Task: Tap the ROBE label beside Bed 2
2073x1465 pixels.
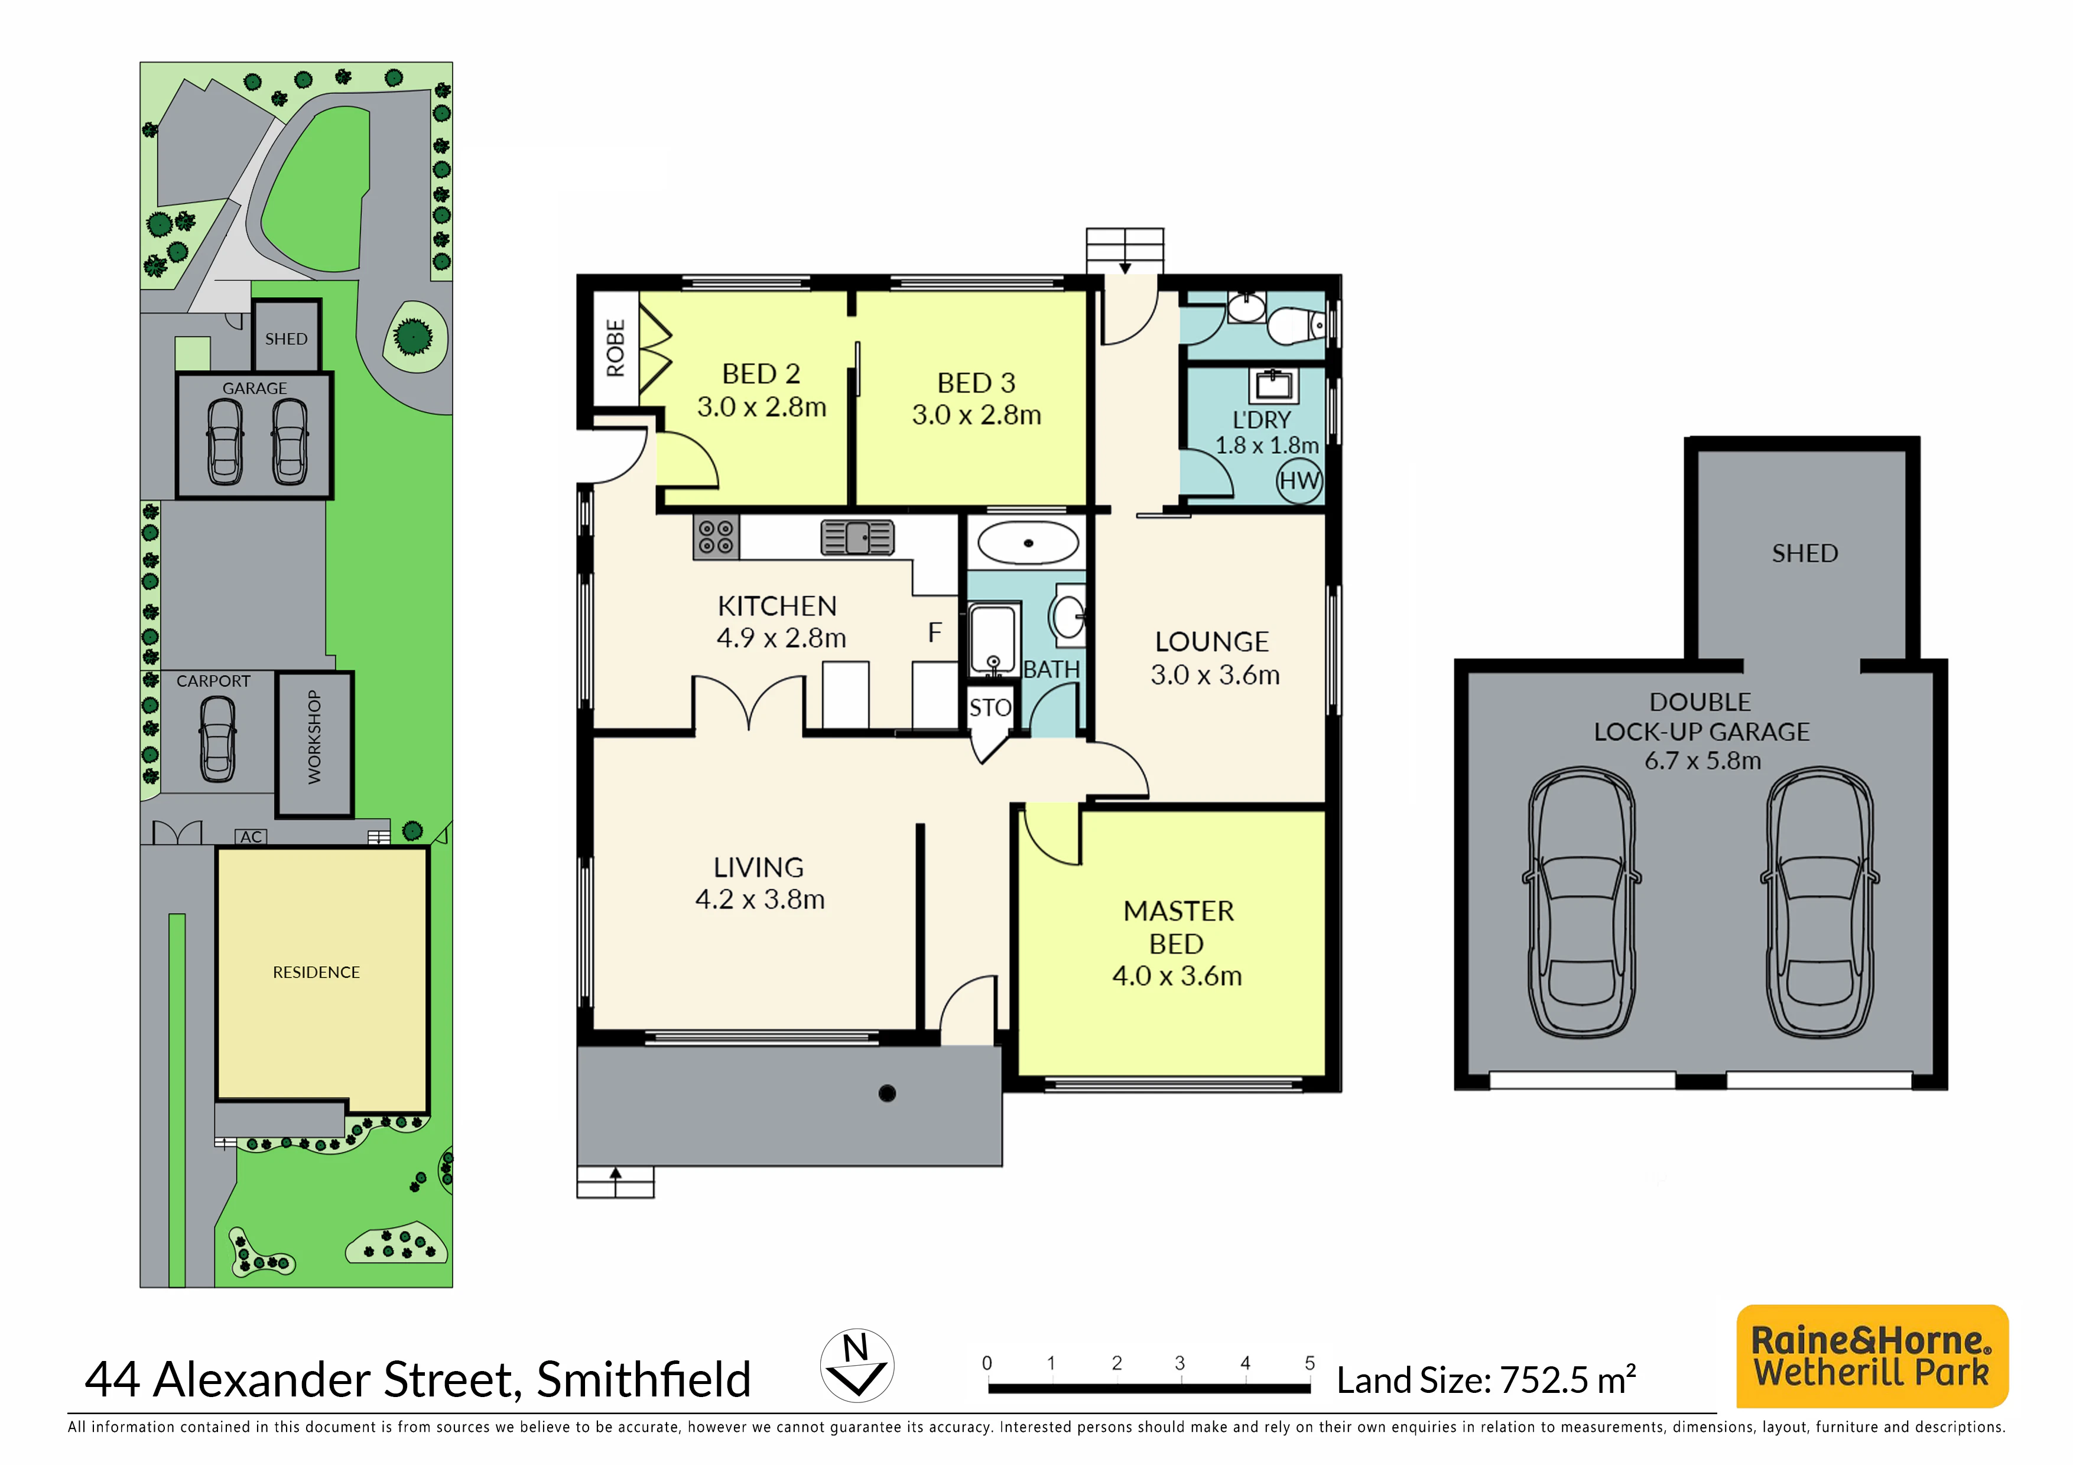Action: click(616, 349)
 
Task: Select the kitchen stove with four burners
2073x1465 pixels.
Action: click(716, 537)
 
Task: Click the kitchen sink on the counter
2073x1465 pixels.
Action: click(857, 537)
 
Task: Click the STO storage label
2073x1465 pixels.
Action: click(990, 707)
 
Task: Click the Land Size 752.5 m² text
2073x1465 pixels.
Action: click(1486, 1379)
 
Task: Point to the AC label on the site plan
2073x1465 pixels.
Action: click(251, 837)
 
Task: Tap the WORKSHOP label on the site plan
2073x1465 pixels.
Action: click(314, 736)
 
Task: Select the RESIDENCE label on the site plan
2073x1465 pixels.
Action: click(316, 972)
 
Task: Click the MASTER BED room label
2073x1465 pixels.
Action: click(1178, 927)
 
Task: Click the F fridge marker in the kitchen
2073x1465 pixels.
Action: click(935, 633)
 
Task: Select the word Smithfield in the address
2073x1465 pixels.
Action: click(644, 1379)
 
